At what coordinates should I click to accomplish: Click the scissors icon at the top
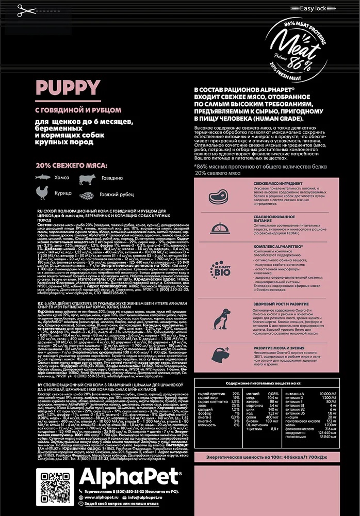23,10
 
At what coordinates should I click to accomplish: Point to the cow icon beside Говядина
87,178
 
